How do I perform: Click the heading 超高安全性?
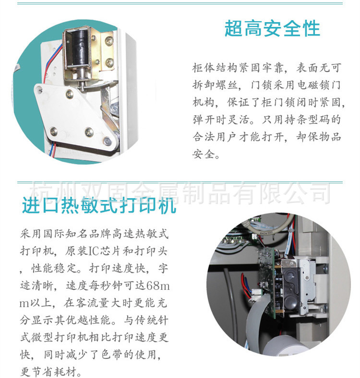(272, 29)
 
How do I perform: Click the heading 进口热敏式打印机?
(99, 205)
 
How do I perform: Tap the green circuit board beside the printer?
(268, 282)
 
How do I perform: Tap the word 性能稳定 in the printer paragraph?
(54, 268)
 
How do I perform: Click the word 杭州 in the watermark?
(52, 193)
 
